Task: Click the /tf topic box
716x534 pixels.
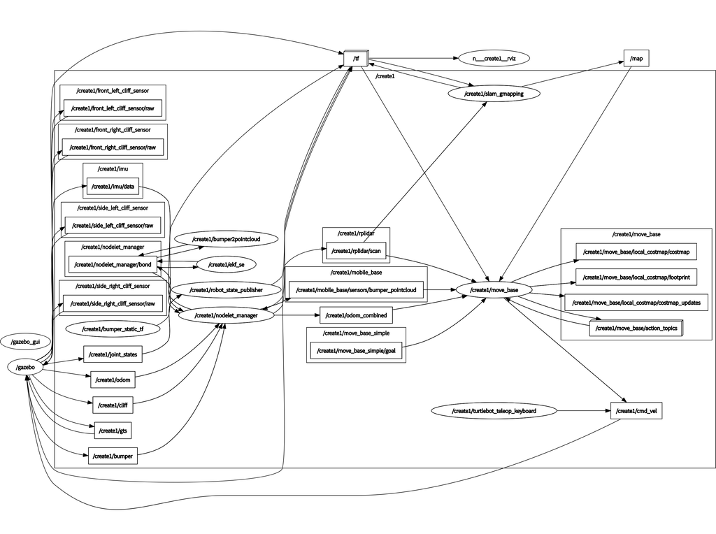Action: (356, 59)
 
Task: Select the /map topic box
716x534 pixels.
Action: (636, 59)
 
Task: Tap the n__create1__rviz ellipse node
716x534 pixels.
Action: (494, 59)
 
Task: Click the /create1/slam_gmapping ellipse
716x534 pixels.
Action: (494, 93)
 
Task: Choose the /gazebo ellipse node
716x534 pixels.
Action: (25, 367)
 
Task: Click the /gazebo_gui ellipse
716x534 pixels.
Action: (25, 342)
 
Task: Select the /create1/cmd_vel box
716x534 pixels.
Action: (636, 411)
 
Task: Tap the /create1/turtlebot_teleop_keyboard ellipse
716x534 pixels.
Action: (494, 411)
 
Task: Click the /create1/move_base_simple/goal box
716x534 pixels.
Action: (357, 351)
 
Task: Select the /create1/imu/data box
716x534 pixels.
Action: (112, 187)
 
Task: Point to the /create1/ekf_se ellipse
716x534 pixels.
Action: (226, 264)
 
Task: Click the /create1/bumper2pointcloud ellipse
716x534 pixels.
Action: (226, 239)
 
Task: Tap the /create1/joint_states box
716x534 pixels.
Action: (112, 354)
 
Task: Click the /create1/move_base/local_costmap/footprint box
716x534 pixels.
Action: (636, 277)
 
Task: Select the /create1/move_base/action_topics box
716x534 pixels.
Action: (636, 328)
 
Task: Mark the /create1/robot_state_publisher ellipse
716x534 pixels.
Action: (226, 289)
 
